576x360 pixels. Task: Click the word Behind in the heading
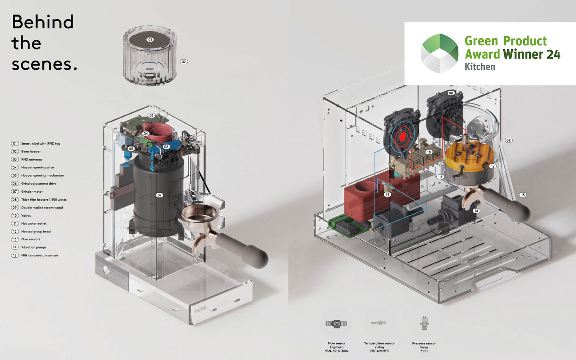43,22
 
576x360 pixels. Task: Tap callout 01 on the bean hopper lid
150,40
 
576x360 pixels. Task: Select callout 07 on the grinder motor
160,195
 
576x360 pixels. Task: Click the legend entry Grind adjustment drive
38,184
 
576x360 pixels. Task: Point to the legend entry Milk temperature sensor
40,255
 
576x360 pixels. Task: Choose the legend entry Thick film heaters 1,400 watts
44,200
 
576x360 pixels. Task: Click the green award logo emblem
440,53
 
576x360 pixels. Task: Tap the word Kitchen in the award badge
480,66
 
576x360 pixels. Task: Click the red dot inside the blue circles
403,137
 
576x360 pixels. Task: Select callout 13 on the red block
387,195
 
